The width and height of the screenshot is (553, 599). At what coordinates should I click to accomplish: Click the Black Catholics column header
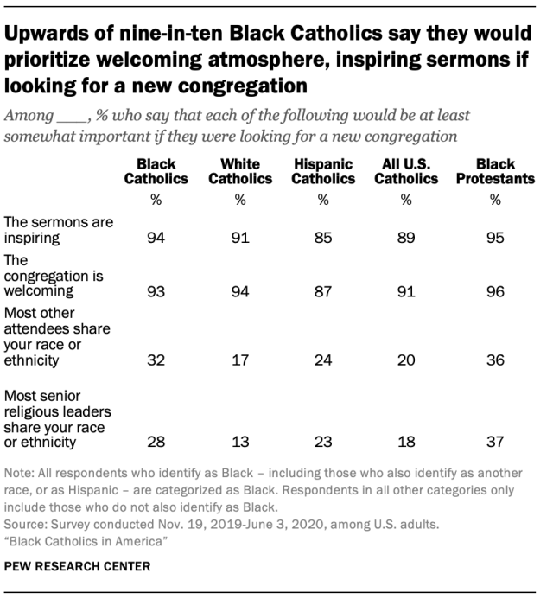click(156, 171)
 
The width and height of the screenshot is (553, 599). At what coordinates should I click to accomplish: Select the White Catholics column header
click(240, 171)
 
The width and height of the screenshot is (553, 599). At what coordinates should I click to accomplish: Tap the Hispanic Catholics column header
click(324, 171)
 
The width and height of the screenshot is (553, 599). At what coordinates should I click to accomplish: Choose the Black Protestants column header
click(495, 171)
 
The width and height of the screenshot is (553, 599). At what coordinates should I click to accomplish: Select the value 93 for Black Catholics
click(156, 291)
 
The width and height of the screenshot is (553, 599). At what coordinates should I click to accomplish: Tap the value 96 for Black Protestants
click(495, 291)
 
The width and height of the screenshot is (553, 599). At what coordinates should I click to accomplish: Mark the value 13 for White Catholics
click(240, 443)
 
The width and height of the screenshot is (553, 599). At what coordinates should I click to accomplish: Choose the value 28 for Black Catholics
click(156, 443)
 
